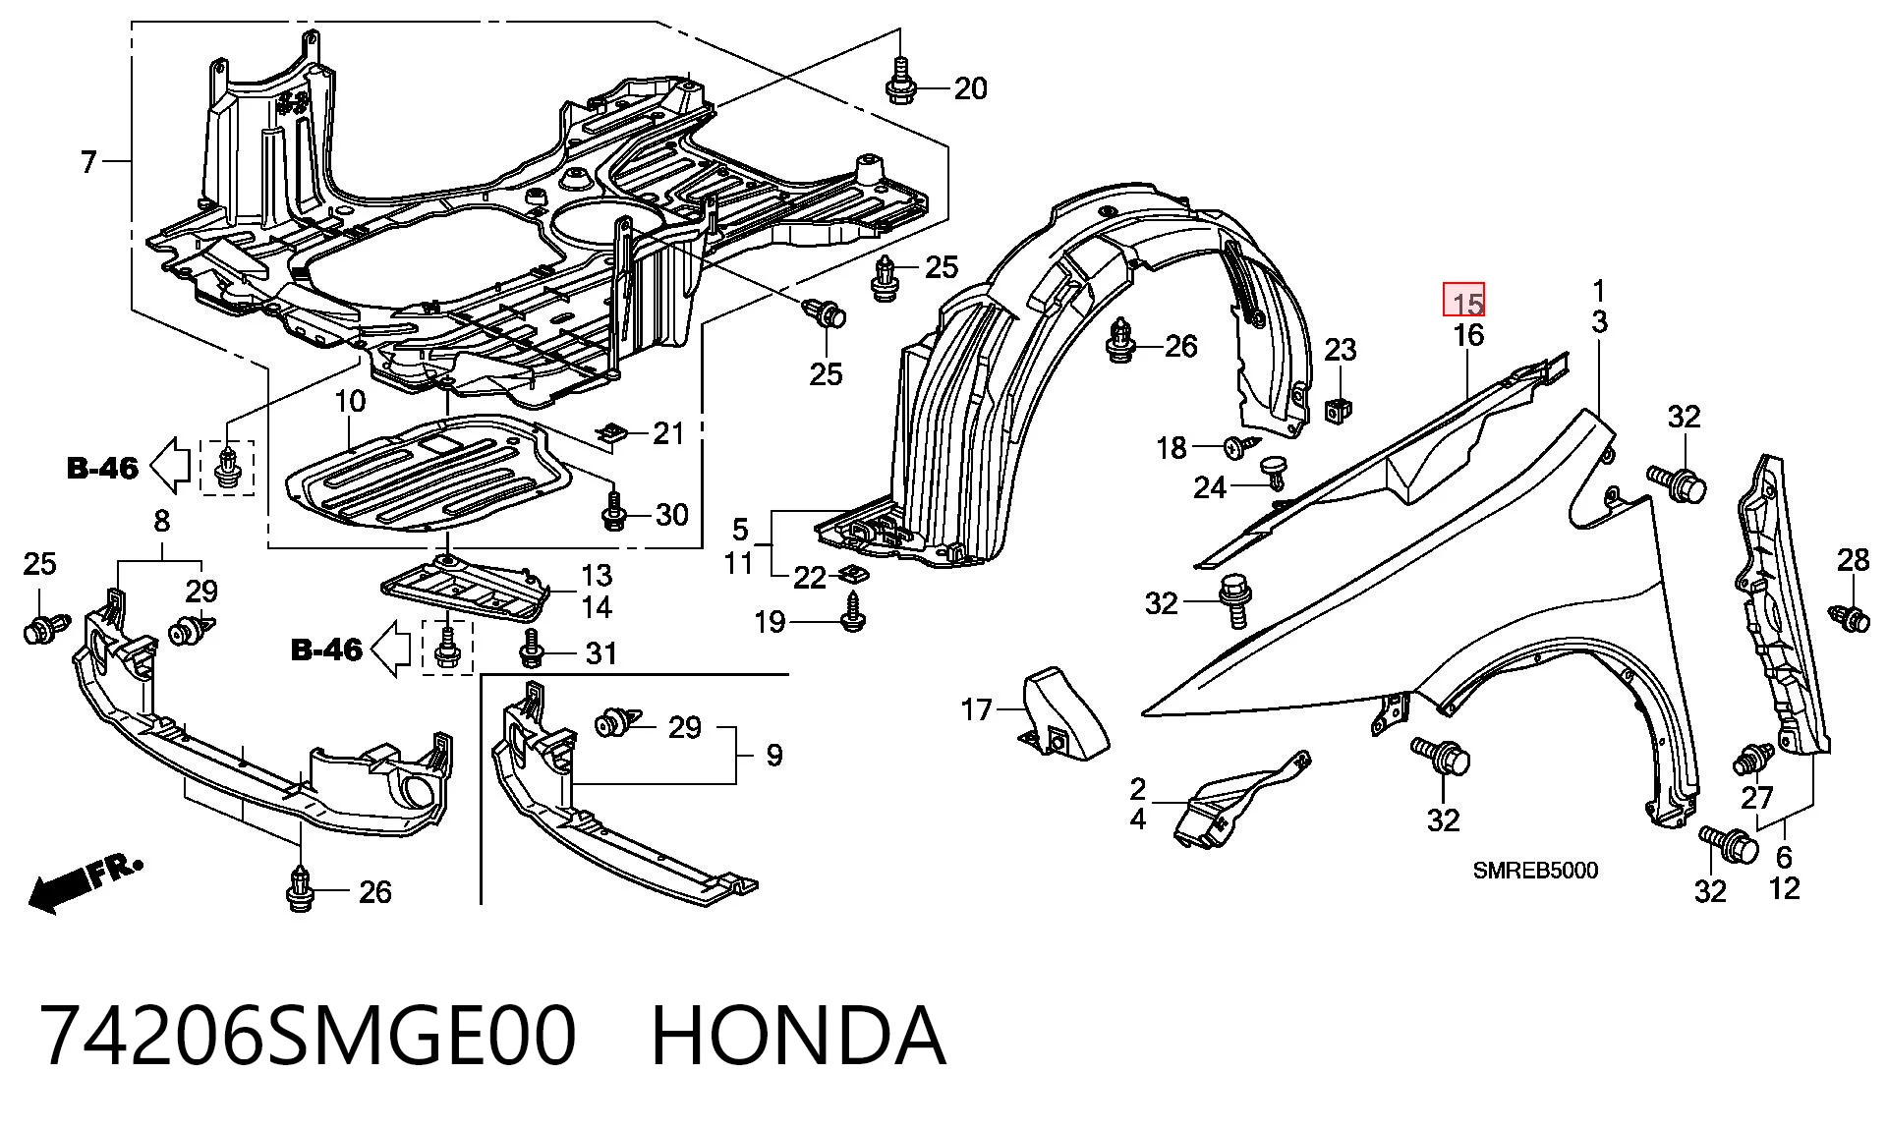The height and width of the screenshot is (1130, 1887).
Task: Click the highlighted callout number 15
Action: (1463, 299)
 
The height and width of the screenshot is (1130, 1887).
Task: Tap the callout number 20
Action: (970, 88)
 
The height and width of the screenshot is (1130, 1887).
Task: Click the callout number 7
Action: (89, 161)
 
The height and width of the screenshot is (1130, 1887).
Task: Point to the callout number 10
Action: (350, 401)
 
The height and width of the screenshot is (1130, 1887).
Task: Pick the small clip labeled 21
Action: (613, 432)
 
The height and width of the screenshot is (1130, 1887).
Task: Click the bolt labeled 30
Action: (612, 511)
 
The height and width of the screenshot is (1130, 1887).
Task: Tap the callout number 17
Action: (976, 708)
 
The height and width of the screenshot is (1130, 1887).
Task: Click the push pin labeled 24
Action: (1275, 471)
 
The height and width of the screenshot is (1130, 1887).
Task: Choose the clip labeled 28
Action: (1849, 618)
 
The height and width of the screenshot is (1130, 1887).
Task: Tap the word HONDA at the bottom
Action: (798, 1036)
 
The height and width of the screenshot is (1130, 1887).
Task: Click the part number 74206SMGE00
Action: (309, 1036)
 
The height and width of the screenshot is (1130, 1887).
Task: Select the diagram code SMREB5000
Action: (1535, 871)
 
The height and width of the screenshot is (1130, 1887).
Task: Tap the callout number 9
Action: (774, 756)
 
